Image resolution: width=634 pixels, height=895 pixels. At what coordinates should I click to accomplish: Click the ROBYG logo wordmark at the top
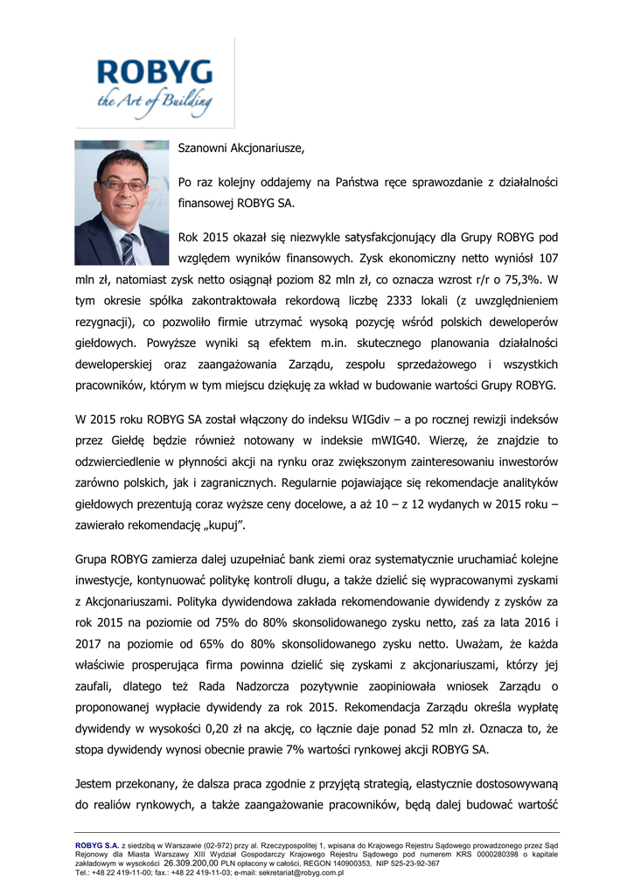click(154, 72)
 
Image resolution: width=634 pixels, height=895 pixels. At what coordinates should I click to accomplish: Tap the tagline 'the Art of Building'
click(154, 102)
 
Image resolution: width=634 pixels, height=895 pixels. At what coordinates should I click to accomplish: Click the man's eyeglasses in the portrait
click(122, 185)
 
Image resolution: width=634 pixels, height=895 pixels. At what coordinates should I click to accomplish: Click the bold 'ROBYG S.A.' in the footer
click(96, 843)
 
